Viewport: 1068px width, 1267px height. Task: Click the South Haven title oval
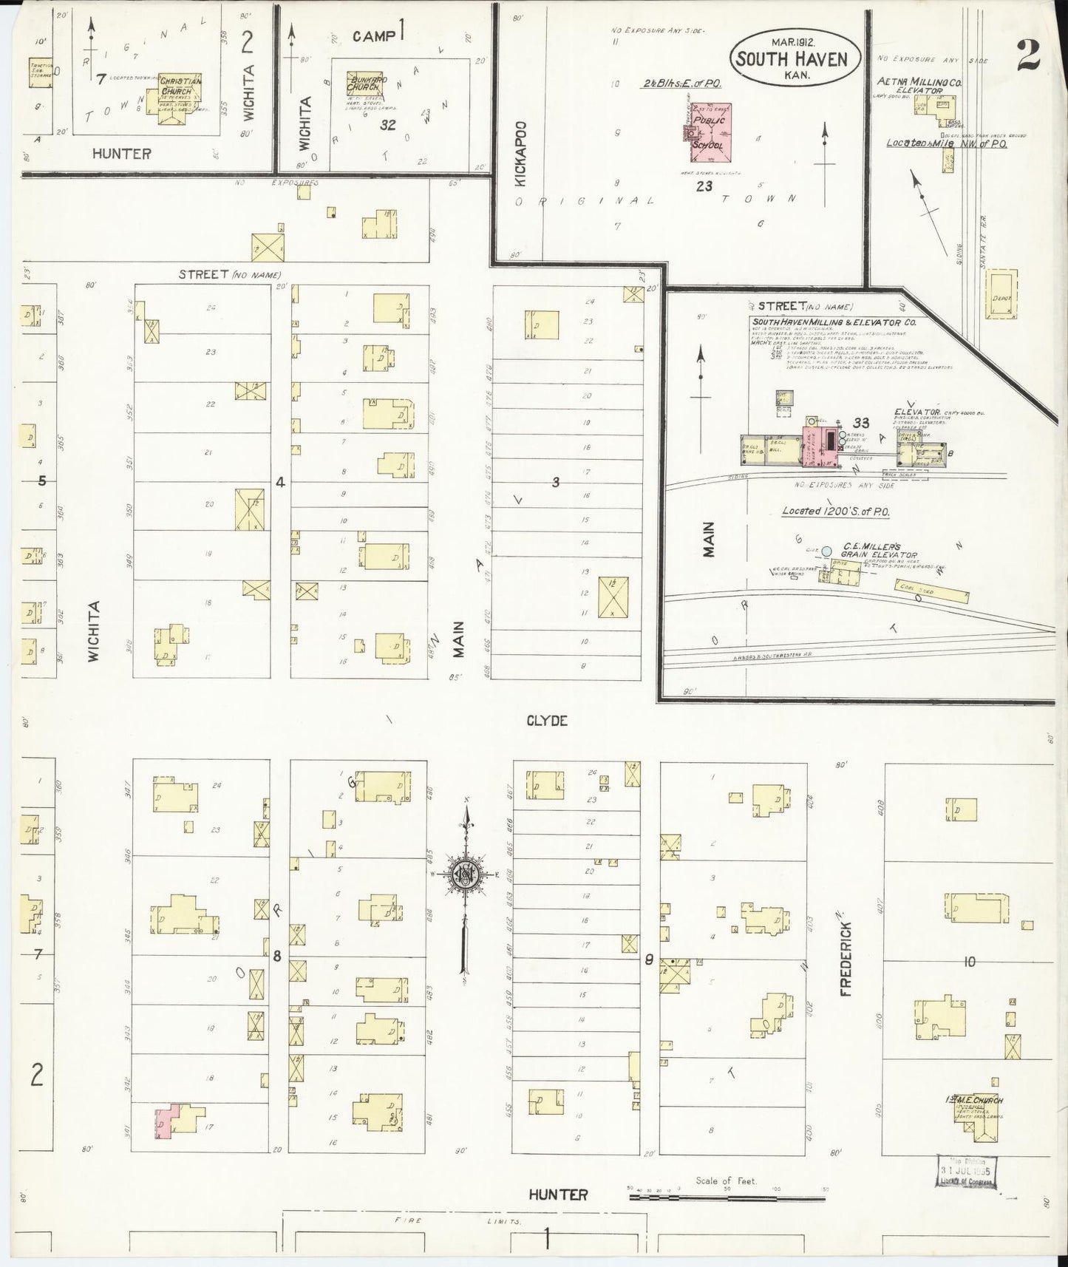pyautogui.click(x=795, y=58)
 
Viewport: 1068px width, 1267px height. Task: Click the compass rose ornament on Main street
pyautogui.click(x=466, y=873)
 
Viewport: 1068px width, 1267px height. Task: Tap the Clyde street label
pyautogui.click(x=547, y=720)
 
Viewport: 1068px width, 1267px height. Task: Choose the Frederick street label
pyautogui.click(x=846, y=958)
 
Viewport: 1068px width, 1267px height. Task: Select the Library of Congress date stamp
pyautogui.click(x=967, y=1172)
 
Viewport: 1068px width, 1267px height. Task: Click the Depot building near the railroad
pyautogui.click(x=1001, y=293)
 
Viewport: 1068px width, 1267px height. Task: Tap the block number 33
pyautogui.click(x=860, y=423)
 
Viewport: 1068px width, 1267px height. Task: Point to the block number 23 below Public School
pyautogui.click(x=704, y=186)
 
